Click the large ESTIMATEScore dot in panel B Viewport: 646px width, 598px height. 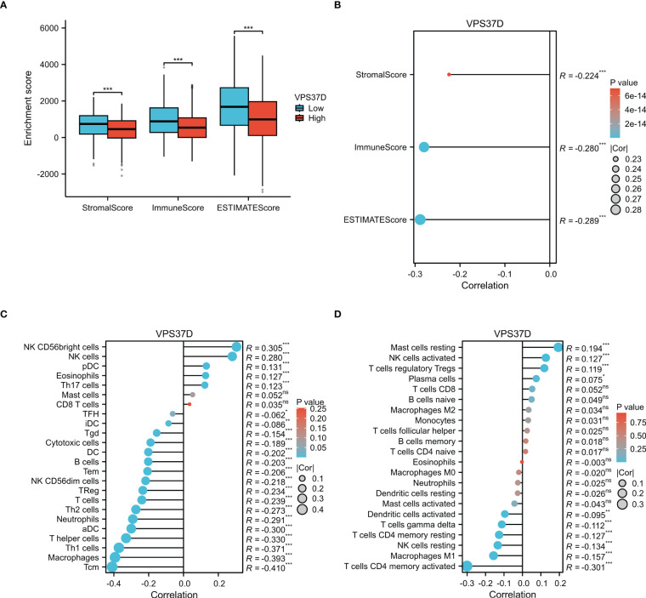(419, 219)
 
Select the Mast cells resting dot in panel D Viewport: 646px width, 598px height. (558, 347)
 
